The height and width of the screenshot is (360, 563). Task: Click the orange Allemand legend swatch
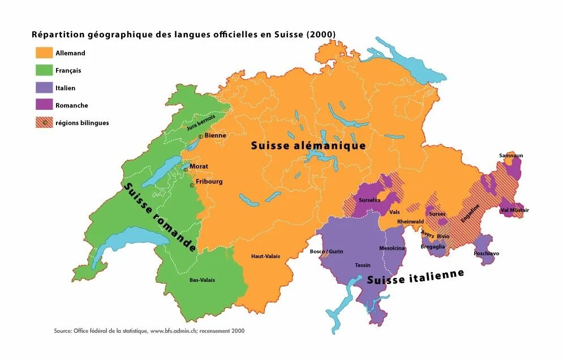point(43,53)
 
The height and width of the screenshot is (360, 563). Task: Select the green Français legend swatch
point(43,70)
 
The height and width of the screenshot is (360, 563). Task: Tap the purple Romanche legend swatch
point(43,105)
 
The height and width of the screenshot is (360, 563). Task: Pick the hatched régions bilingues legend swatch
point(43,122)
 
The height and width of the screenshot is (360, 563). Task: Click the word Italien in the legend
point(65,88)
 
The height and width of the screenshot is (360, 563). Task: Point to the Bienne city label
point(215,136)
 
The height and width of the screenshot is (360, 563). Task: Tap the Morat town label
point(199,166)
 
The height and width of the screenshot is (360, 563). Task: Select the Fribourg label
point(209,182)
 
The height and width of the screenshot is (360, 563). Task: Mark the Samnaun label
point(511,155)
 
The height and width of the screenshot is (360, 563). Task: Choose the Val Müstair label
point(515,210)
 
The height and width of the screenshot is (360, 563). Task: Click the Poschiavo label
point(487,254)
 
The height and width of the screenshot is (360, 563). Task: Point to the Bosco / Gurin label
point(326,251)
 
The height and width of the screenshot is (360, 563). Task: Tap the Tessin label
point(363,265)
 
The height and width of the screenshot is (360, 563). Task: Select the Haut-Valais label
point(265,256)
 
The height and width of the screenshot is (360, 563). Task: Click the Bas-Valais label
point(202,280)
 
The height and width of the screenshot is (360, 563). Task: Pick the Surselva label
point(369,200)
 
